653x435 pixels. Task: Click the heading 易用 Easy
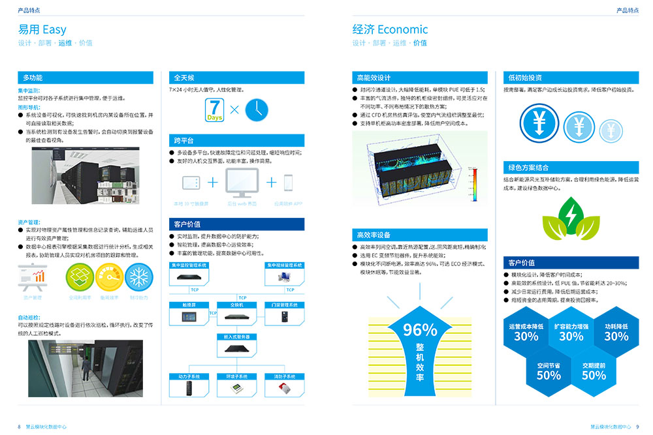click(42, 29)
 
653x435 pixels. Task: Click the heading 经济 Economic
click(390, 29)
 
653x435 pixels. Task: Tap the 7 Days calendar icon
click(215, 110)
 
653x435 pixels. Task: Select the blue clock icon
click(257, 110)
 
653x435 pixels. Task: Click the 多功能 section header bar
click(89, 78)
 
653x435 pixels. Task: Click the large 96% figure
click(420, 330)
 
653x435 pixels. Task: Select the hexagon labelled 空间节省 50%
click(549, 371)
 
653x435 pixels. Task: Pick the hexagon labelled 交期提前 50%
click(594, 371)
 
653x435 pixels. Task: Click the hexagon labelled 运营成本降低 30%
click(526, 332)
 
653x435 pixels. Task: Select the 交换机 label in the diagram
click(236, 305)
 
